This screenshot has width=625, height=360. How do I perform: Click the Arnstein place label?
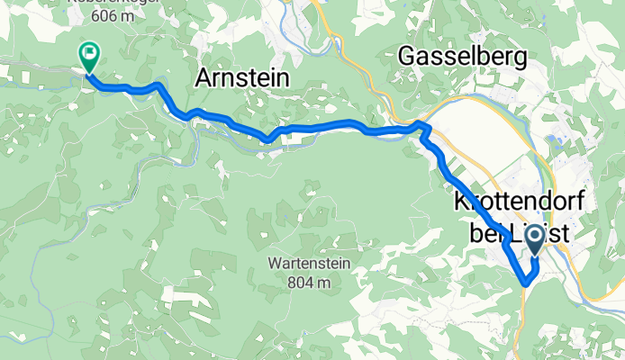(x=242, y=79)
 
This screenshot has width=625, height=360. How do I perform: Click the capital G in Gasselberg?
(x=408, y=57)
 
